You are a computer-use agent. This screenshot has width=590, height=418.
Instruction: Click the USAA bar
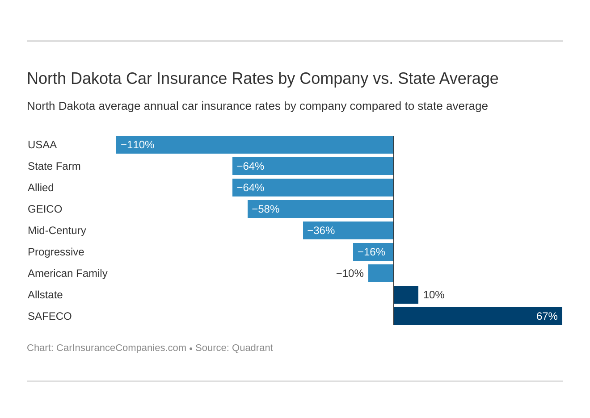coord(255,145)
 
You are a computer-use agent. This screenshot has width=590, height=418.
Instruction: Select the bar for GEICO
coord(320,209)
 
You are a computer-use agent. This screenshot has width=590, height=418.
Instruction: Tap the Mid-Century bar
coord(348,230)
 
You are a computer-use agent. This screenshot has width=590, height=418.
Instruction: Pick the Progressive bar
coord(373,252)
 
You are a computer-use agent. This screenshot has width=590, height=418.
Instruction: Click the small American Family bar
coord(381,273)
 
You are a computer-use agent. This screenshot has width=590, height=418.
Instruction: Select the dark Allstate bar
coord(406,295)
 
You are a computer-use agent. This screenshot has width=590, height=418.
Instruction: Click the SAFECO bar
coord(478,316)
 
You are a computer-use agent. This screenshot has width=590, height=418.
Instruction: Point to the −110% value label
coord(137,145)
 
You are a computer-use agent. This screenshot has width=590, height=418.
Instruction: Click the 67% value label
coord(547,316)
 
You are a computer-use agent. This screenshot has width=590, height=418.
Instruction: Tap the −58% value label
coord(265,209)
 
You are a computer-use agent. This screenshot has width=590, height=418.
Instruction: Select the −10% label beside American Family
coord(350,273)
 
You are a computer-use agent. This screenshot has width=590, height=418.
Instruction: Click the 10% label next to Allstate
coord(434,295)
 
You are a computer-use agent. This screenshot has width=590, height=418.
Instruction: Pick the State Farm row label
coord(54,166)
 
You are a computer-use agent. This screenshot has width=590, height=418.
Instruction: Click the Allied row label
coord(41,188)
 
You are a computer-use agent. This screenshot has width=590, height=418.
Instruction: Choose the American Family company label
coord(67,273)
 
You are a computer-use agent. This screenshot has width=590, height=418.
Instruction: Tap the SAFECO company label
coord(50,316)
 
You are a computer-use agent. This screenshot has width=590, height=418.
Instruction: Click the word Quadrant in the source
coord(252,348)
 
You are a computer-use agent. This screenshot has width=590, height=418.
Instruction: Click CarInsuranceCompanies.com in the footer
coord(121,348)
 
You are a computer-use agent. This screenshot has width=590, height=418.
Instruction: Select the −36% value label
coord(321,230)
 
